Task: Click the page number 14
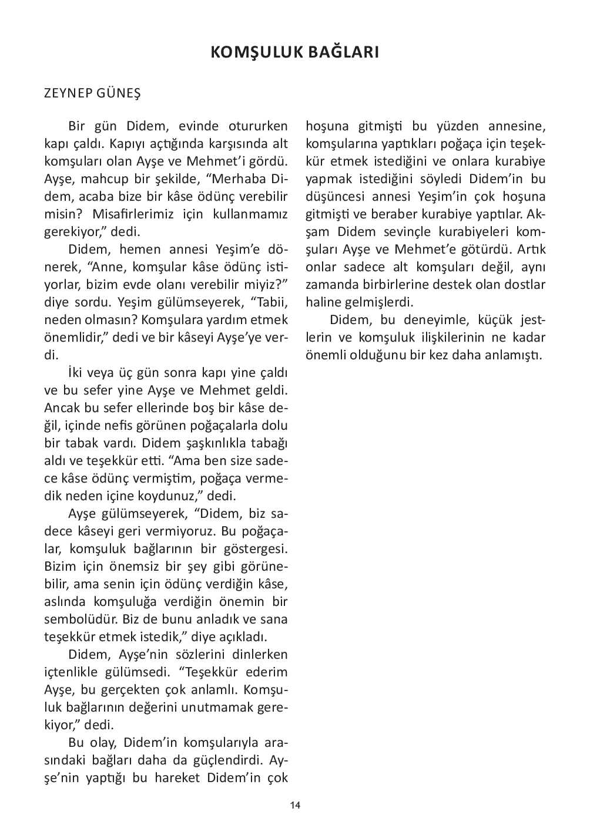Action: [295, 805]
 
